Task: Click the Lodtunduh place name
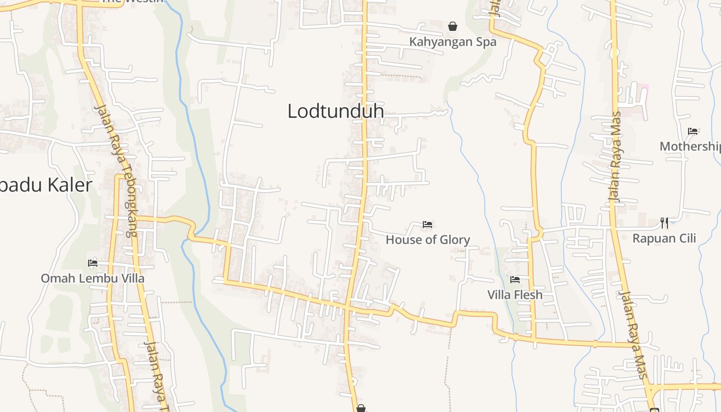click(335, 111)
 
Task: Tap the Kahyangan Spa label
click(453, 42)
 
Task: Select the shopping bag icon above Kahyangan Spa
click(453, 26)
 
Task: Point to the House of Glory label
click(427, 239)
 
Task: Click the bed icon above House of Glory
click(427, 224)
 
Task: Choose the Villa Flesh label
click(515, 295)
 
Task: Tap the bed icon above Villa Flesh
click(515, 280)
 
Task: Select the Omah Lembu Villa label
click(93, 278)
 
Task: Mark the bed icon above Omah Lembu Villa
click(93, 263)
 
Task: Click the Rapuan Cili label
click(664, 238)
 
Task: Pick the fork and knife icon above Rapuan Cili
click(664, 223)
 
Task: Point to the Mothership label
click(690, 146)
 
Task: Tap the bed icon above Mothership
click(693, 131)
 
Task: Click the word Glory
click(454, 239)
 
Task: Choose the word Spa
click(486, 42)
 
